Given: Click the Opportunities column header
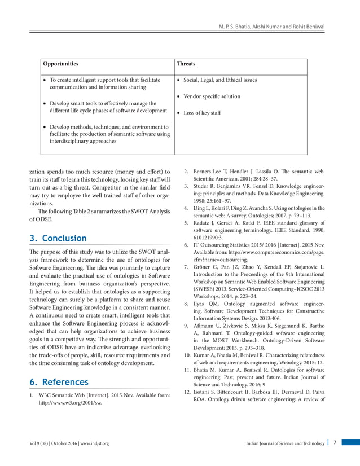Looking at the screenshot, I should click(x=62, y=64).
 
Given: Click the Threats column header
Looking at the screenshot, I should click(x=187, y=64).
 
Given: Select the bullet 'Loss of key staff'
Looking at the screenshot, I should click(x=203, y=113).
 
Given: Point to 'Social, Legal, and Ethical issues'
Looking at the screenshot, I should click(x=221, y=80).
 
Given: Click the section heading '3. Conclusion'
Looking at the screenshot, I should click(x=58, y=238).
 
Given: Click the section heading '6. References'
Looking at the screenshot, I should click(x=59, y=382).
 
